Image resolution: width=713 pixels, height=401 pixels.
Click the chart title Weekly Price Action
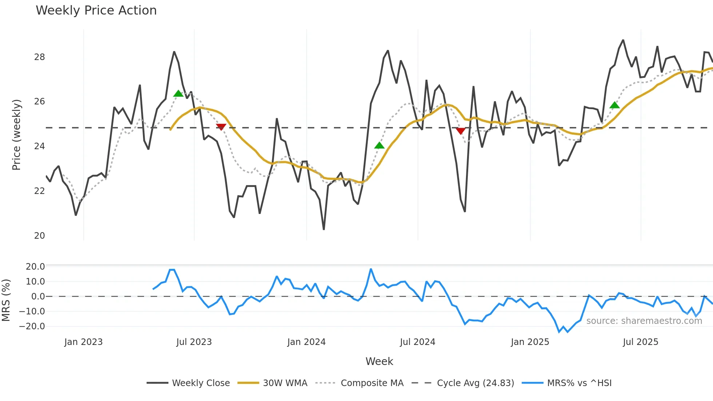96,11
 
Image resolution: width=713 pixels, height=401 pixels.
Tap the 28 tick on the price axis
40,57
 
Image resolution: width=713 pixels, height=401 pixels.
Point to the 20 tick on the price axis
40,236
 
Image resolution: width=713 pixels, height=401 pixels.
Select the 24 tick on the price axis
40,146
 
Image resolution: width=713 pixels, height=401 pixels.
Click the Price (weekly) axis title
17,135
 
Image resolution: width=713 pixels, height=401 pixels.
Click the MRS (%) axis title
6,300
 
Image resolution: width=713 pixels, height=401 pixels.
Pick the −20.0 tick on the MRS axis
32,326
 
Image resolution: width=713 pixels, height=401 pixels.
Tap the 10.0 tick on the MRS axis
35,282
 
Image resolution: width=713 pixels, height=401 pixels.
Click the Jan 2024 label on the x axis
306,342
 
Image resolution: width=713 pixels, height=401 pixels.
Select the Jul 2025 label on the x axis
640,342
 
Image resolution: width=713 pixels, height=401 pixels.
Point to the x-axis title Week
379,361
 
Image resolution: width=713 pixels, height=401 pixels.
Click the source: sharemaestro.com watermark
644,321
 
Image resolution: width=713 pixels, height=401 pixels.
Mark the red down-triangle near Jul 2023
221,127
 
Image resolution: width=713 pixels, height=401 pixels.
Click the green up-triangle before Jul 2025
614,106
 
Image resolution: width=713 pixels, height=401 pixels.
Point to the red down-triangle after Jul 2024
461,131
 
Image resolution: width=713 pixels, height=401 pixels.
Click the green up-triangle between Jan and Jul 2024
379,146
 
